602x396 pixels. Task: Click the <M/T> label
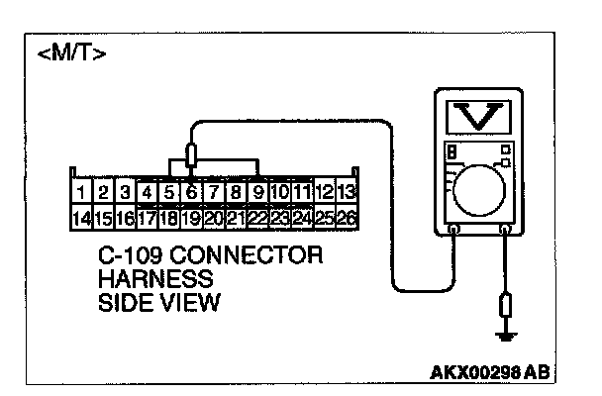click(71, 51)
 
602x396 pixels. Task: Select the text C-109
click(131, 255)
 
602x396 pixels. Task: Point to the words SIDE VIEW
click(158, 302)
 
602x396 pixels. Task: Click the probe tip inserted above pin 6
click(191, 155)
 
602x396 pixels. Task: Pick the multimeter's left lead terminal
click(454, 230)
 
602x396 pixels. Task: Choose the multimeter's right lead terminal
click(507, 230)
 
